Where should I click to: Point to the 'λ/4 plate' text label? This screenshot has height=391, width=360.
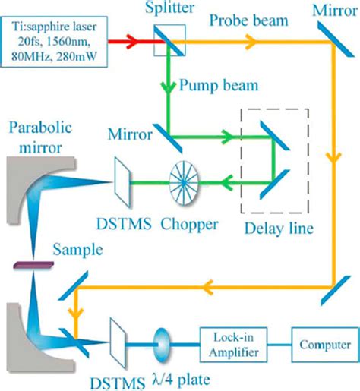(167, 377)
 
